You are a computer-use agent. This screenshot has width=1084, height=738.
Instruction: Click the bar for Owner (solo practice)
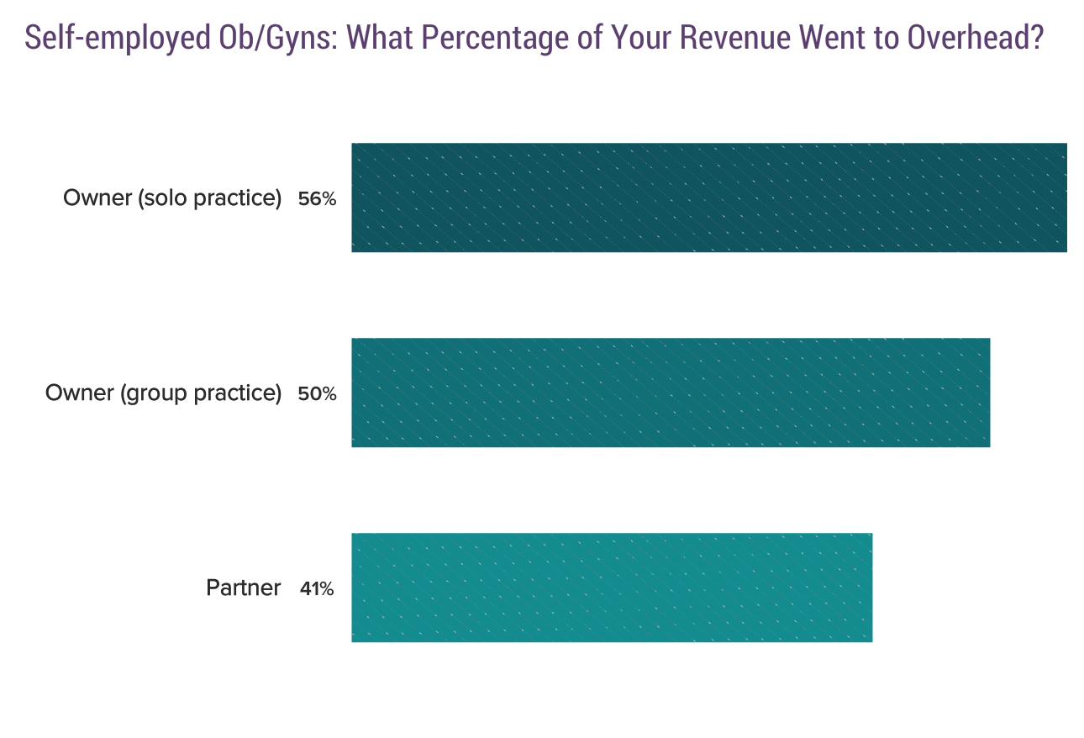(708, 198)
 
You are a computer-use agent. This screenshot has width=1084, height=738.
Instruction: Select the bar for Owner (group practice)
(670, 393)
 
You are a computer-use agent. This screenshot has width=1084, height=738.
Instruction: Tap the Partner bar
(611, 588)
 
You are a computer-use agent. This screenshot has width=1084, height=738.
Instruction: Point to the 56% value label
(317, 199)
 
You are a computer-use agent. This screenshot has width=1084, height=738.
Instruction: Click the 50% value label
(317, 394)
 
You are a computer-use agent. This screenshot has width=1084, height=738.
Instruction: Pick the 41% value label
(317, 589)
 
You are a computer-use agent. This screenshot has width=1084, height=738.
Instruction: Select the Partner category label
(243, 588)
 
